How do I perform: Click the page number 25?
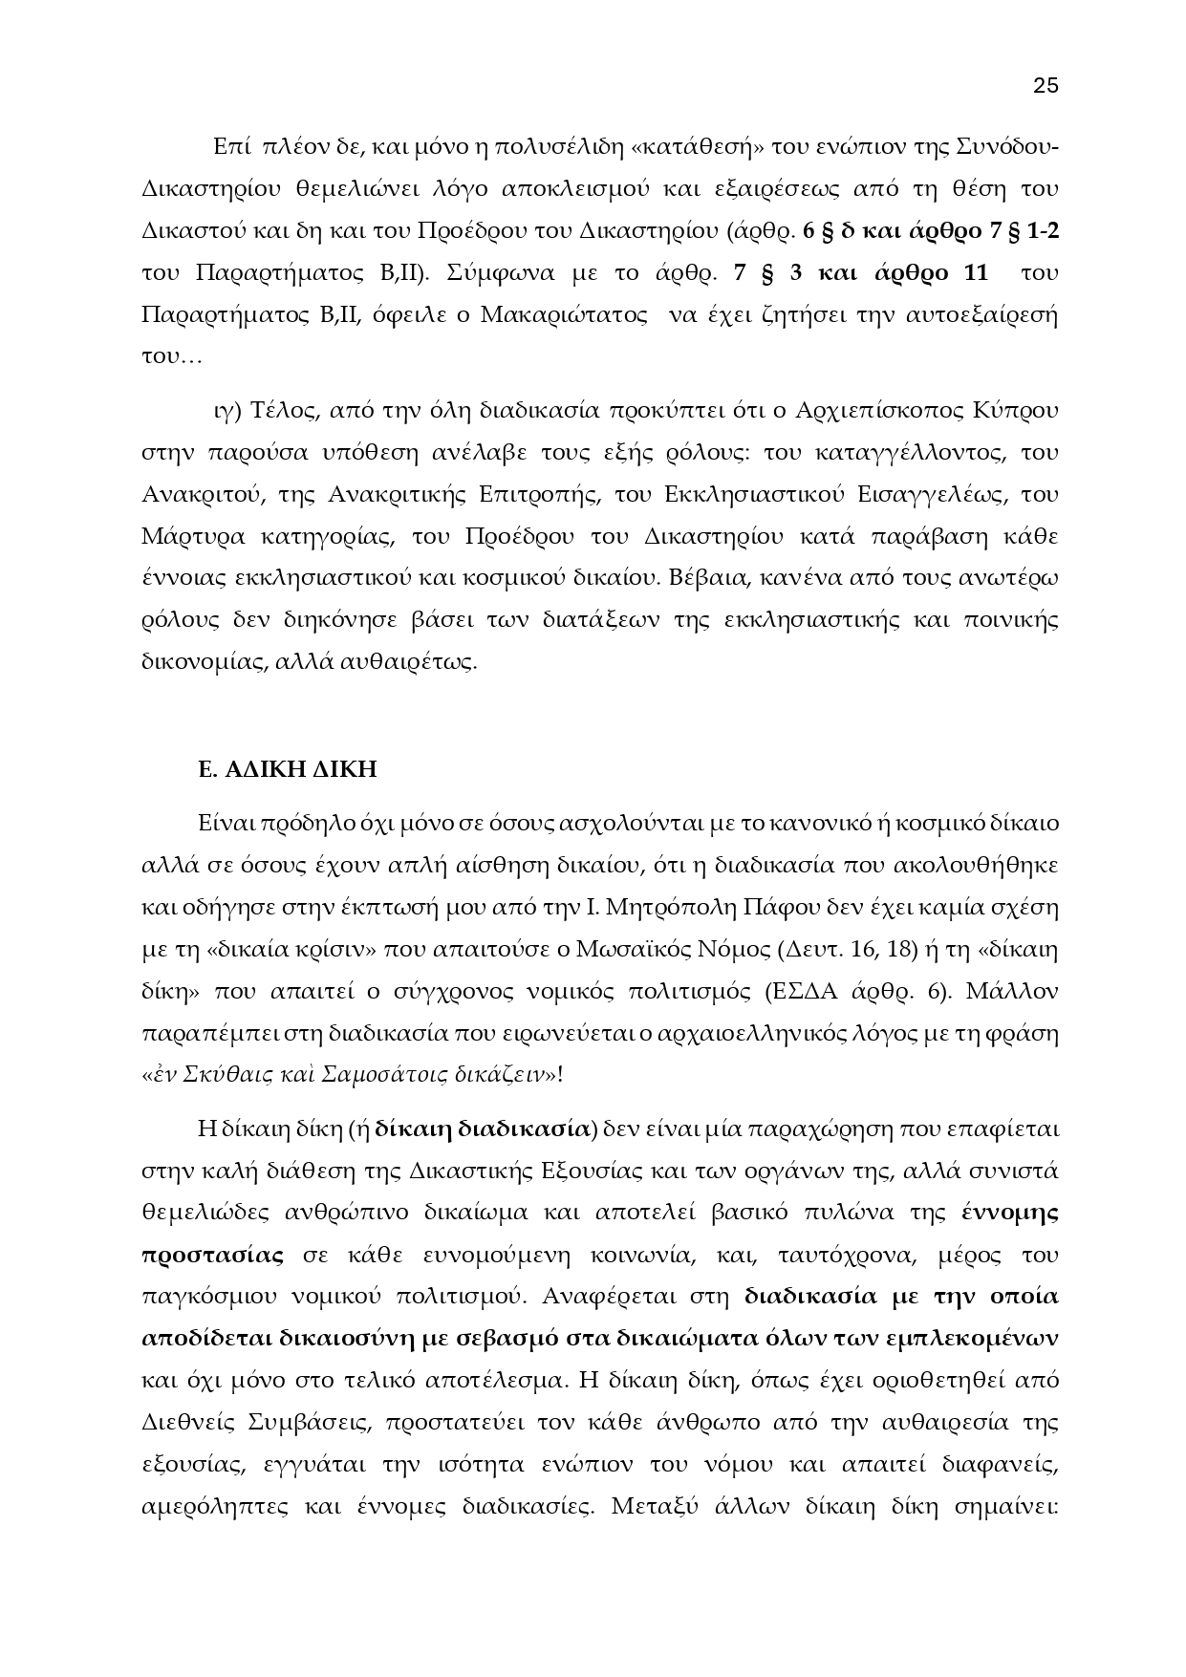1046,85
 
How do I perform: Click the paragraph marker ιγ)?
226,411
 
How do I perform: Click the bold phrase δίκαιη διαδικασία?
482,1129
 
